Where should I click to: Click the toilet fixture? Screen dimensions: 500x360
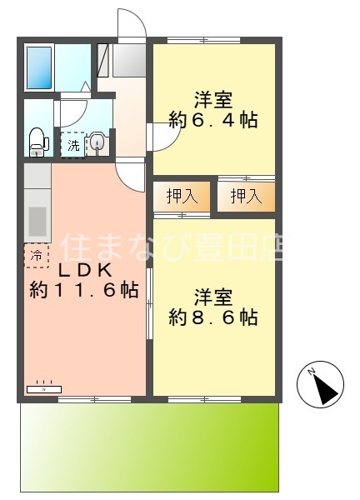37,141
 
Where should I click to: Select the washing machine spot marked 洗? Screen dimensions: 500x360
72,144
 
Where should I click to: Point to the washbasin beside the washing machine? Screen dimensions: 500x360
97,143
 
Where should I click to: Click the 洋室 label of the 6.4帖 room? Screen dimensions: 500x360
212,97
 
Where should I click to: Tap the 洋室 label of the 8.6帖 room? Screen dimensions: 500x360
212,296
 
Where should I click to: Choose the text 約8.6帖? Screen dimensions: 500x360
212,317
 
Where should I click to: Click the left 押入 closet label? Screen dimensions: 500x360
182,197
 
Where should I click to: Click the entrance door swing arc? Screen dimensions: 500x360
132,25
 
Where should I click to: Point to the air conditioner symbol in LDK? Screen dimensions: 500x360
43,388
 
